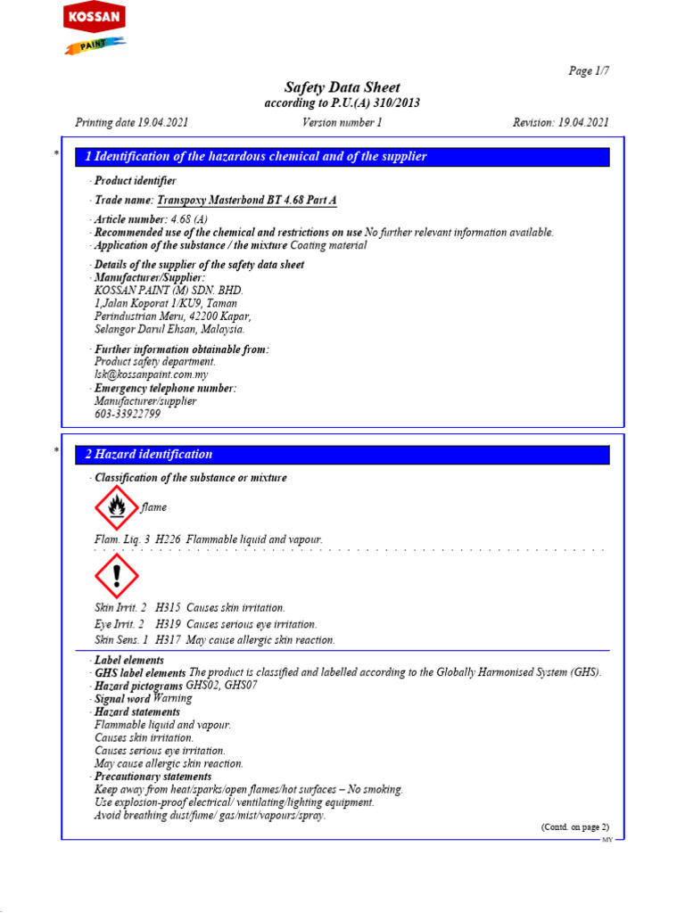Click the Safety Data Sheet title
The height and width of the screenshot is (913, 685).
(x=342, y=87)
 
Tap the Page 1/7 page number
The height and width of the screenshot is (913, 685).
(x=589, y=71)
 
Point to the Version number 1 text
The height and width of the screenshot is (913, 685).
(x=342, y=122)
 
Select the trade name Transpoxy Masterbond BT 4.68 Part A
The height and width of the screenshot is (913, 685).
(x=247, y=201)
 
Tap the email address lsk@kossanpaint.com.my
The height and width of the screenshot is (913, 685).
(x=151, y=375)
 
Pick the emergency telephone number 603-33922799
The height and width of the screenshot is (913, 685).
(x=128, y=415)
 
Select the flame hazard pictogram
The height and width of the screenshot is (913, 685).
(x=116, y=508)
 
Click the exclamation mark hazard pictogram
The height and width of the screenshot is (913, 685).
(x=116, y=575)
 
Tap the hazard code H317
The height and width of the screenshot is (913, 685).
(x=169, y=640)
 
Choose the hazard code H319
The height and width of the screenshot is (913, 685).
(x=169, y=624)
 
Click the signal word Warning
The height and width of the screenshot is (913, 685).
(x=172, y=699)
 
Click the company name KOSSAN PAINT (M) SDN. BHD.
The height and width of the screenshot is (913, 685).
(x=169, y=291)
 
